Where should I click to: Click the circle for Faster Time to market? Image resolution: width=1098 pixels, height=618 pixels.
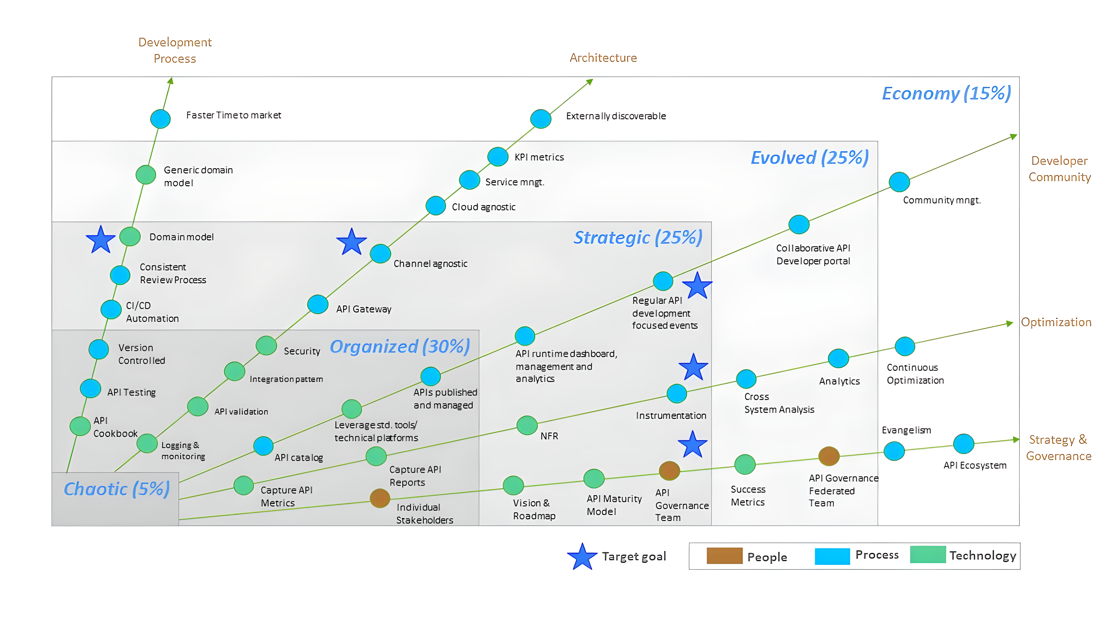click(x=160, y=119)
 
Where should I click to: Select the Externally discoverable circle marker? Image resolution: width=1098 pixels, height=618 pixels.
click(x=540, y=119)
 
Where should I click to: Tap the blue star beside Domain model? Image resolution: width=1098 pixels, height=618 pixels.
click(x=101, y=240)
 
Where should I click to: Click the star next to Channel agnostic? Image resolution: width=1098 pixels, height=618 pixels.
click(x=352, y=242)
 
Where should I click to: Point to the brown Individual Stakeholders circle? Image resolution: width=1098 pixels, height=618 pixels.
click(x=380, y=498)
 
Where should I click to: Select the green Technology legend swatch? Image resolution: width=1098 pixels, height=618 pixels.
click(x=928, y=554)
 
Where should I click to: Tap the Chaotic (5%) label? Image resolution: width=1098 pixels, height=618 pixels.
click(x=117, y=489)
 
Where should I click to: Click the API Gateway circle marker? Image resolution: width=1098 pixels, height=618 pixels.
click(x=318, y=304)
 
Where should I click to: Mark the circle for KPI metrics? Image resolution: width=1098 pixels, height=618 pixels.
click(x=498, y=156)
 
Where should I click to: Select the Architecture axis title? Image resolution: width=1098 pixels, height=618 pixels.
click(x=603, y=58)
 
